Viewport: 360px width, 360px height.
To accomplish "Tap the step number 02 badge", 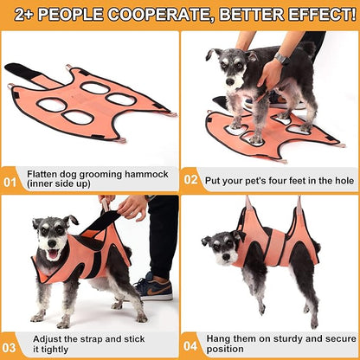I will [x=191, y=181].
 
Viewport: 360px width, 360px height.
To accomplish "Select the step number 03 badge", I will [x=10, y=343].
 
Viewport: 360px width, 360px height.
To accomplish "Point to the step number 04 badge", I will [x=191, y=343].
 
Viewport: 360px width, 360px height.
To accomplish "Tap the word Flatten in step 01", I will [x=43, y=172].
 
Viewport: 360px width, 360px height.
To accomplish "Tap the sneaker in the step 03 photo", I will [x=153, y=286].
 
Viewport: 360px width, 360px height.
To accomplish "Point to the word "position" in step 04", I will [x=226, y=349].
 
